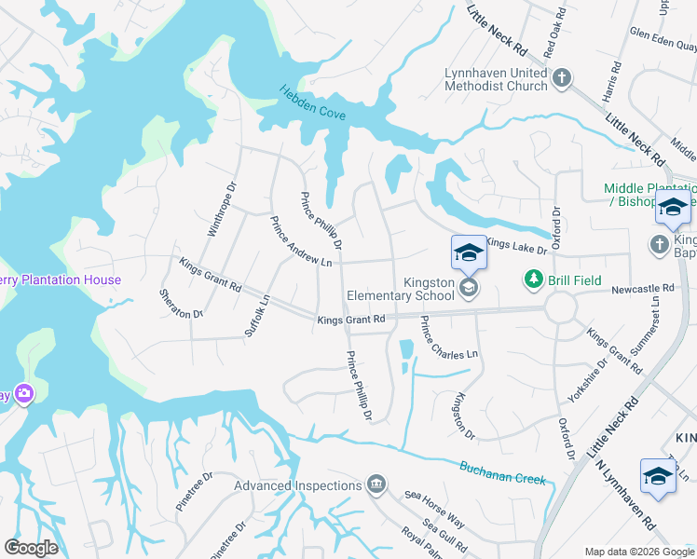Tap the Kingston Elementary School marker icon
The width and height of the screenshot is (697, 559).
(469, 287)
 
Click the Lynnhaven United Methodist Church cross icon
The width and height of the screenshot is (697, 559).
(562, 79)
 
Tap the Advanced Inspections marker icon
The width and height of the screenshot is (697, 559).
(376, 484)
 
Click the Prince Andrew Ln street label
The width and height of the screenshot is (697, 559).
(301, 242)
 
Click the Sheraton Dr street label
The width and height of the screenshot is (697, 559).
(182, 302)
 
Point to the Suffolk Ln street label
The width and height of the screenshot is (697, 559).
(257, 314)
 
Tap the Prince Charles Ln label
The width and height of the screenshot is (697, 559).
(448, 339)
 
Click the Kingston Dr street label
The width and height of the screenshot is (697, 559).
(463, 416)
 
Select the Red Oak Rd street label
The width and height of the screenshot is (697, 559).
(556, 33)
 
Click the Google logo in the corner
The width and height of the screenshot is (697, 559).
(31, 548)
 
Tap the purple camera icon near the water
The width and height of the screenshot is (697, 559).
(22, 394)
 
